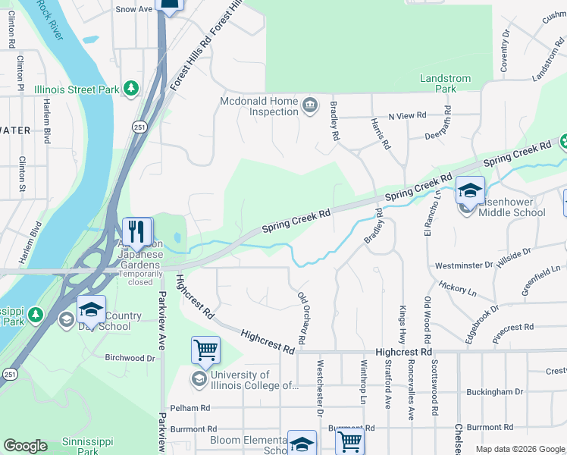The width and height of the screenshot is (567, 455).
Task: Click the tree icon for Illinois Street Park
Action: pyautogui.click(x=131, y=89)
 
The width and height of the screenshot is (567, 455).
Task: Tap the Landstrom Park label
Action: pyautogui.click(x=446, y=83)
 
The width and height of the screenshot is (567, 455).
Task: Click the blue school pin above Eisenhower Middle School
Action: pyautogui.click(x=470, y=193)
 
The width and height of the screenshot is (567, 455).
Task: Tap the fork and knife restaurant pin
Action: pyautogui.click(x=137, y=231)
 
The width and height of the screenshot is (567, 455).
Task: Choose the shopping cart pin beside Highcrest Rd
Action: pyautogui.click(x=205, y=351)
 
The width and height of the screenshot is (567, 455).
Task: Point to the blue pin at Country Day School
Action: pyautogui.click(x=91, y=311)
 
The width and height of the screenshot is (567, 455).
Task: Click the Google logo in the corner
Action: pyautogui.click(x=25, y=446)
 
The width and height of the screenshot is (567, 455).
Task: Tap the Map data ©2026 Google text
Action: pyautogui.click(x=519, y=449)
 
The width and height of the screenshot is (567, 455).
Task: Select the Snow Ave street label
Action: pyautogui.click(x=134, y=9)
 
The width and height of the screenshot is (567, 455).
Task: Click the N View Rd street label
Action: pyautogui.click(x=407, y=116)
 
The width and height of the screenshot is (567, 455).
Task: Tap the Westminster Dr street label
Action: pyautogui.click(x=463, y=266)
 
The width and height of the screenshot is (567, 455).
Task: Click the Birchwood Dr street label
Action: pyautogui.click(x=130, y=358)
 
